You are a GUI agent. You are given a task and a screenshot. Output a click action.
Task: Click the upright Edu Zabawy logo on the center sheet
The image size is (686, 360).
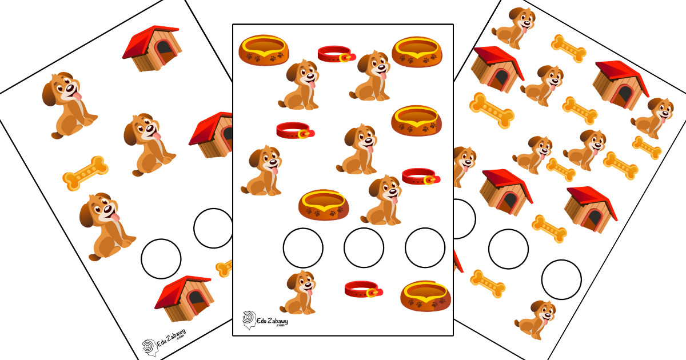(x=265, y=320)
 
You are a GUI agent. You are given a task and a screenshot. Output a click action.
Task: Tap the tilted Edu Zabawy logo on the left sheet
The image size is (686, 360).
(x=164, y=343)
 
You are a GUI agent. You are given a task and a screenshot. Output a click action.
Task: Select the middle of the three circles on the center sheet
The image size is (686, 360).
(x=364, y=247)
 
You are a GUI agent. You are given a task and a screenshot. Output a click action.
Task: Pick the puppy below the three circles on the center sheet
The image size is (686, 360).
(x=298, y=293)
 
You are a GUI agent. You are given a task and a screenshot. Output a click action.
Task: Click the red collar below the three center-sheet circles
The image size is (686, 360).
(x=364, y=289)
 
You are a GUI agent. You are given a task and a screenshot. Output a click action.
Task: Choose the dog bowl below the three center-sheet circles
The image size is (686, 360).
(x=425, y=296)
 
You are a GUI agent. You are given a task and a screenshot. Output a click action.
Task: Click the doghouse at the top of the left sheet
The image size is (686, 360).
(x=151, y=49)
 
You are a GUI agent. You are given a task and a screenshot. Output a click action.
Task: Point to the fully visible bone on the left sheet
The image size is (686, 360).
(x=85, y=173)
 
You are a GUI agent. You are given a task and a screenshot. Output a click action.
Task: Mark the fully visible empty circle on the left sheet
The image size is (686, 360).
(x=161, y=259)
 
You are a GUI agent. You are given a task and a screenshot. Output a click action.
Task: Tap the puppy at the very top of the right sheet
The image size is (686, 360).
(x=514, y=28)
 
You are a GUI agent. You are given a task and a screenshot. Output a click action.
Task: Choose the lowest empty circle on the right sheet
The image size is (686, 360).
(x=561, y=279)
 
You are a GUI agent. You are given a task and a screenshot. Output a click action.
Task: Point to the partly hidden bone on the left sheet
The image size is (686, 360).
(x=225, y=269)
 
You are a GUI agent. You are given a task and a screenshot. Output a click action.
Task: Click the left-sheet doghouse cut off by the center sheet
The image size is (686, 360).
(x=212, y=135)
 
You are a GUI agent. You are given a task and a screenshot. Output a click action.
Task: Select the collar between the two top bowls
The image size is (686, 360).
(x=336, y=54)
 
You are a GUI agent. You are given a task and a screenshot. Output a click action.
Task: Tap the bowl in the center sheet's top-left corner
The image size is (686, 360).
(x=264, y=50)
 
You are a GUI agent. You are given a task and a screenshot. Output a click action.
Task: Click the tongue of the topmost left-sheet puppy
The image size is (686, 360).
(x=78, y=96)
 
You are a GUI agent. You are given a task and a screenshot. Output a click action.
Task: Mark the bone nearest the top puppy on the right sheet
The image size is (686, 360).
(x=569, y=49)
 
